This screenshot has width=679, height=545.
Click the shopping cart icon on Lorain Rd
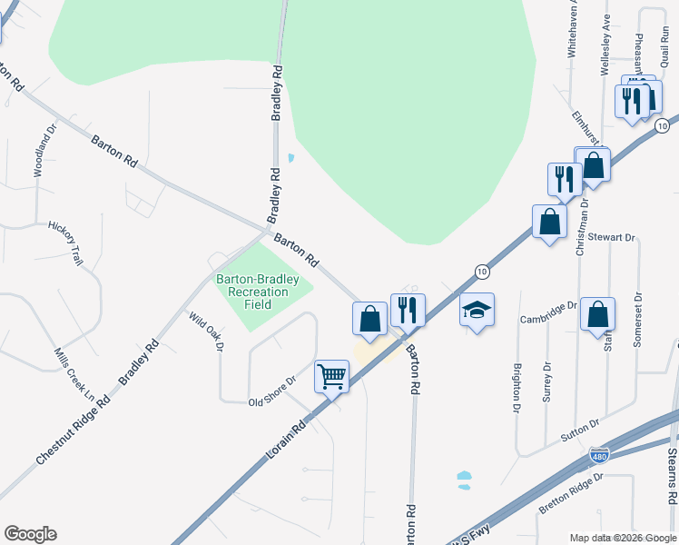pyautogui.click(x=332, y=376)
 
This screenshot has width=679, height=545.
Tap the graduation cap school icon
pyautogui.click(x=477, y=311)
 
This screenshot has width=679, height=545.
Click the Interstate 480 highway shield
pyautogui.click(x=598, y=453)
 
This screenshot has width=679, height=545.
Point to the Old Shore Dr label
pyautogui.click(x=273, y=391)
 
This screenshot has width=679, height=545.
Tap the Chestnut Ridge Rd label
pyautogui.click(x=73, y=429)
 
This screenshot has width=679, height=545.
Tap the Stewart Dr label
pyautogui.click(x=609, y=237)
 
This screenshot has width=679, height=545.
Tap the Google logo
pyautogui.click(x=30, y=534)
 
